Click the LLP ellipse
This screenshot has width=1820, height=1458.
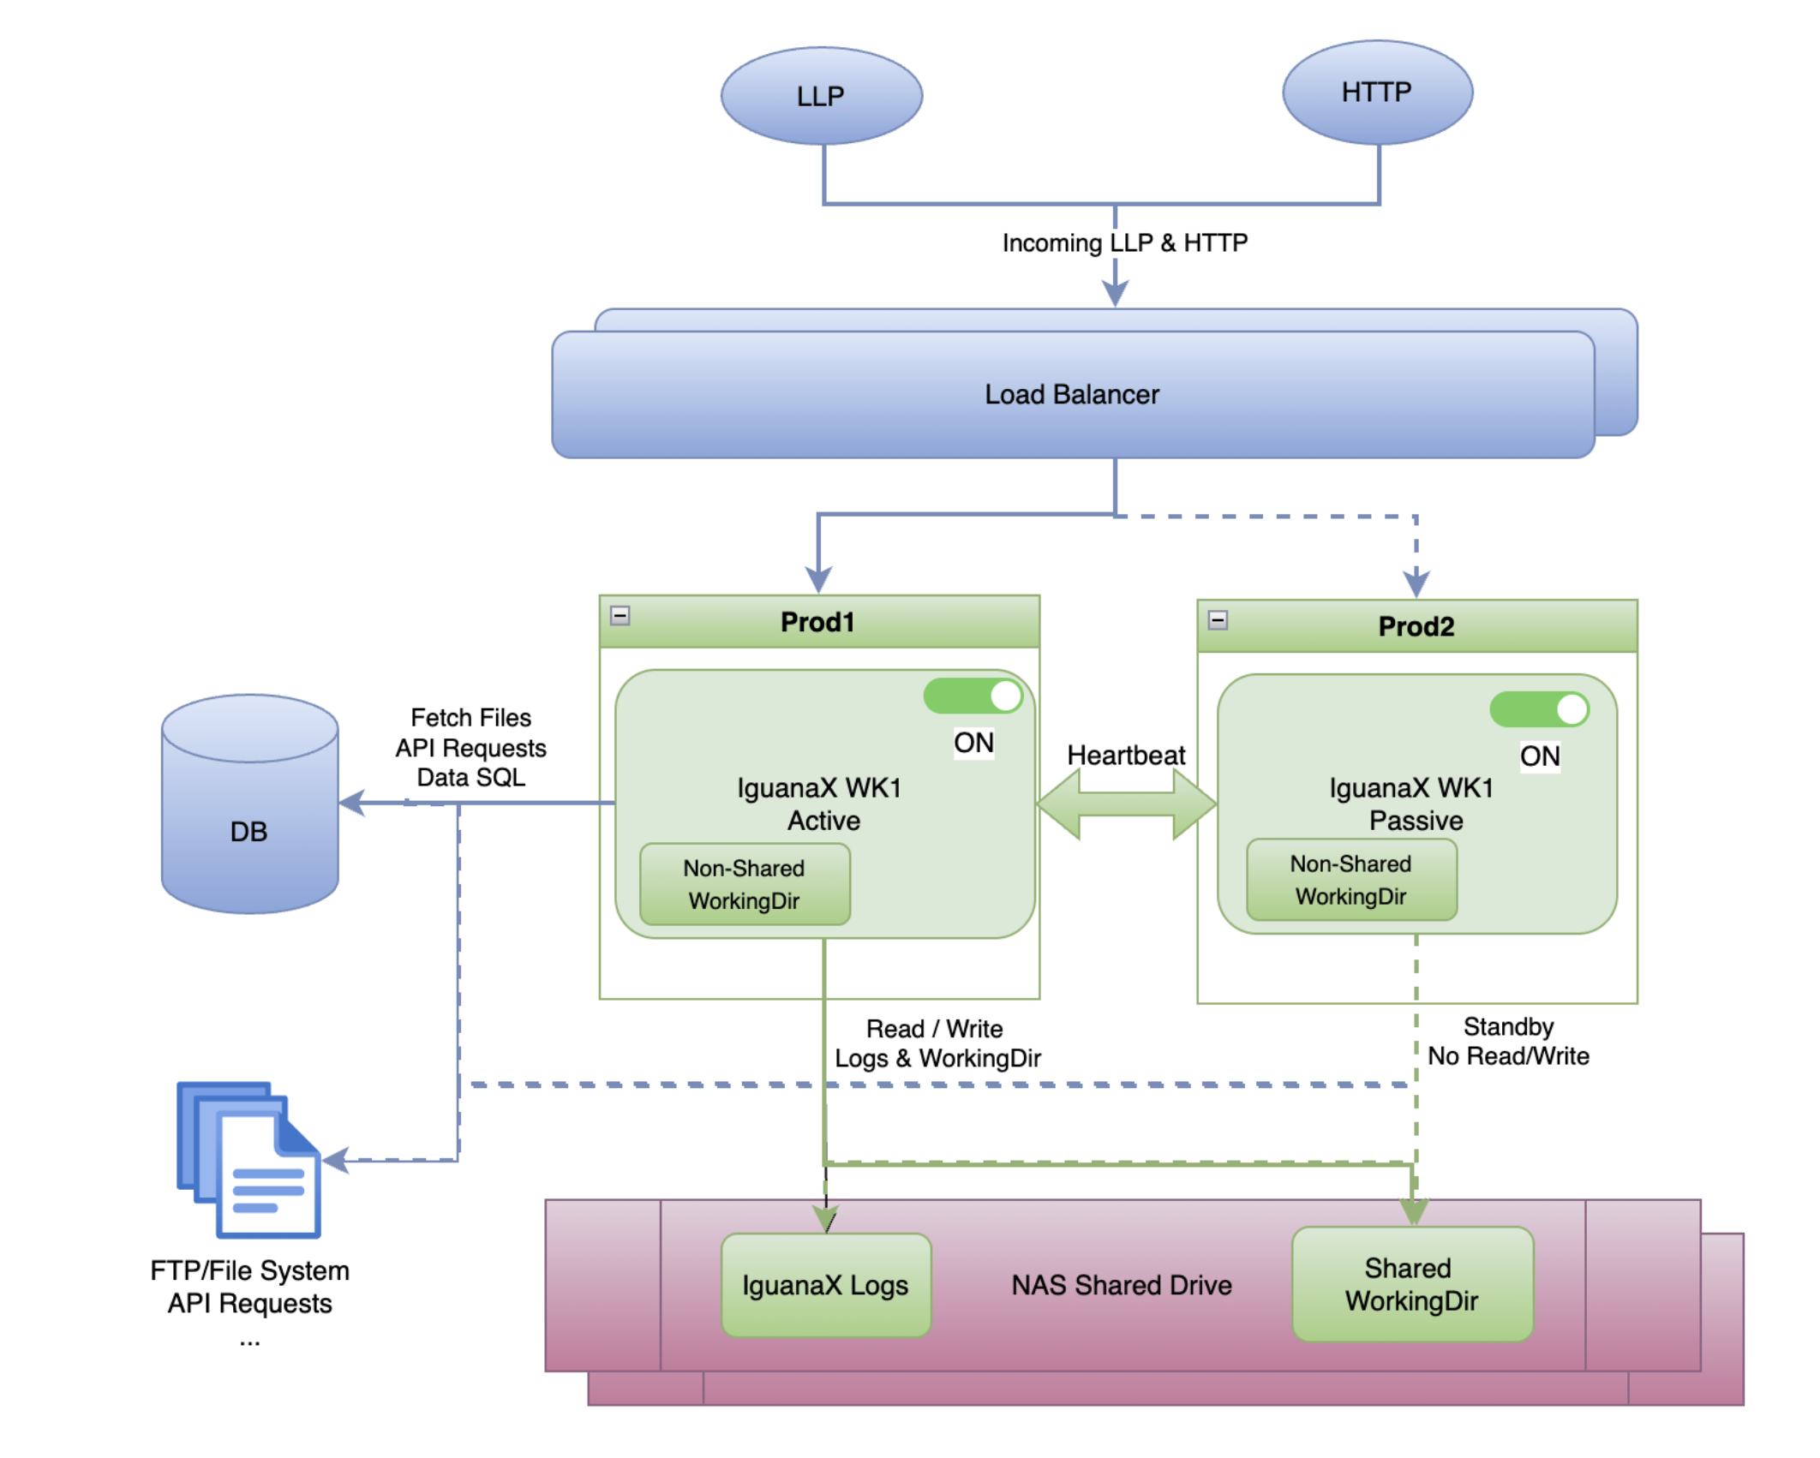tap(821, 96)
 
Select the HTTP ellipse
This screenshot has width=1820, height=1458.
tap(1377, 93)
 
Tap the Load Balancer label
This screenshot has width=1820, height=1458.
tap(1071, 395)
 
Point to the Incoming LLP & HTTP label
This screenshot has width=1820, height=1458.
tap(1124, 243)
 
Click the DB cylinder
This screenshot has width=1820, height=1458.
tap(249, 805)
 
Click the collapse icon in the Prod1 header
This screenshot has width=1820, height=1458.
tap(620, 616)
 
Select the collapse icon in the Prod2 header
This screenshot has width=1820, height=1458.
tap(1218, 620)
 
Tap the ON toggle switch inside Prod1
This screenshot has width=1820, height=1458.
tap(973, 696)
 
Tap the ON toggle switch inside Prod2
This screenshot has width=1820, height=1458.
tap(1539, 710)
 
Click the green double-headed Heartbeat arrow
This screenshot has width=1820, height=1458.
tap(1126, 804)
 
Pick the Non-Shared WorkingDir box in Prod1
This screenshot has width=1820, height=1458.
tap(745, 885)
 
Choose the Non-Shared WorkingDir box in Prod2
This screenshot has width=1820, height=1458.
tap(1351, 881)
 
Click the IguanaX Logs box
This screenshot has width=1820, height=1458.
tap(825, 1286)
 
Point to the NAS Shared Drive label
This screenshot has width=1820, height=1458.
tap(1121, 1286)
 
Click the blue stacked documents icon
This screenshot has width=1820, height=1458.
tap(249, 1161)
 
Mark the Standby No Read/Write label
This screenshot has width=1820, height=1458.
tap(1507, 1042)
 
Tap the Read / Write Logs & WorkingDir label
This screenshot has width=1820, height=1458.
tap(937, 1044)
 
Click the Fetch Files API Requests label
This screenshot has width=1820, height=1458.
tap(470, 748)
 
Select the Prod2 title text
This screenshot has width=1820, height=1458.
tap(1416, 627)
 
